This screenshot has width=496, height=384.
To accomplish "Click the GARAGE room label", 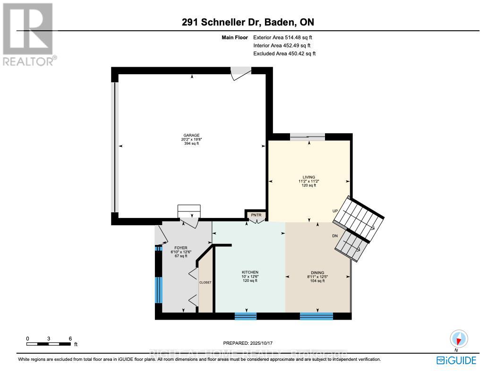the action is (x=192, y=135).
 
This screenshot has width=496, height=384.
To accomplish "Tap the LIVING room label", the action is (x=309, y=177).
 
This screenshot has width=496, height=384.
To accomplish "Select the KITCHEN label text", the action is (x=250, y=272).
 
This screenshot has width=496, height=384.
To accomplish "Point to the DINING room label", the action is (x=317, y=272).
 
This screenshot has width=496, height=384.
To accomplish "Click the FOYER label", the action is (x=181, y=248).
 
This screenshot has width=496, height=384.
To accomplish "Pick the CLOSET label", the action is (x=205, y=282).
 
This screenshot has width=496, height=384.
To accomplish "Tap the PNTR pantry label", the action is (x=256, y=215).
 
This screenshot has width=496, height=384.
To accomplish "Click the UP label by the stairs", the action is (x=335, y=211).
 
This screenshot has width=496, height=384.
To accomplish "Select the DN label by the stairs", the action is (x=335, y=236).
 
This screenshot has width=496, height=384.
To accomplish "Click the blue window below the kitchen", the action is (x=246, y=316).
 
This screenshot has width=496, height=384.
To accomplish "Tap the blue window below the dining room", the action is (x=316, y=316).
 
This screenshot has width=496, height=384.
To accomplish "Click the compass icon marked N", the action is (x=459, y=339).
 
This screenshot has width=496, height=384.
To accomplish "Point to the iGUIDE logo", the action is (x=456, y=360).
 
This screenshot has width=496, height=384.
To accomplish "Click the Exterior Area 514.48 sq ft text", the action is (x=283, y=37).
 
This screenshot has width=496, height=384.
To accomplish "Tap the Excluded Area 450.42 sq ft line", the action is (x=284, y=53).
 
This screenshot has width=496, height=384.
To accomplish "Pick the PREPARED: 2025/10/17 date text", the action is (x=248, y=343).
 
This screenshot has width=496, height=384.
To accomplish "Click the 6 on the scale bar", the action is (x=70, y=339).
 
